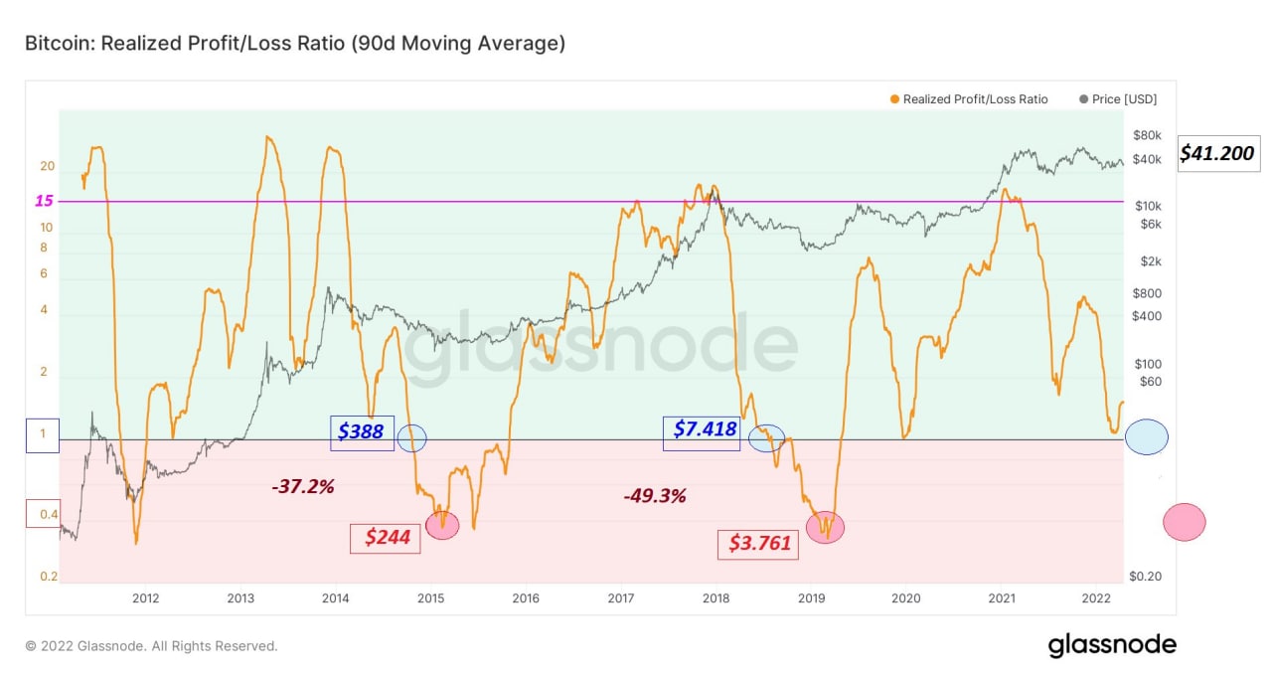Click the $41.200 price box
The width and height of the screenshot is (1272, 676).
(x=1218, y=153)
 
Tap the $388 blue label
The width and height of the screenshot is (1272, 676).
(x=363, y=432)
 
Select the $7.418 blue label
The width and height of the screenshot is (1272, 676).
(x=702, y=433)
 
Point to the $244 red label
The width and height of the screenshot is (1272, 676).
(x=386, y=538)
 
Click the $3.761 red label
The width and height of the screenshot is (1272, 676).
(x=758, y=545)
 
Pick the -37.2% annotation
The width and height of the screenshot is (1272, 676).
(x=303, y=487)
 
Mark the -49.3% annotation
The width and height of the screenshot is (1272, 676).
(x=655, y=496)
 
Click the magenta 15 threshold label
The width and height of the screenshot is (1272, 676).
(x=44, y=201)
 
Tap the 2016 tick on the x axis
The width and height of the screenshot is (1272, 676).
(x=526, y=598)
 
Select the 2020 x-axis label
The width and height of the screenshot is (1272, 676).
(x=905, y=598)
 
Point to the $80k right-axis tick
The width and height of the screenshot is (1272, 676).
(x=1147, y=135)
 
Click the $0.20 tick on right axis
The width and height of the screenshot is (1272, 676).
(x=1145, y=577)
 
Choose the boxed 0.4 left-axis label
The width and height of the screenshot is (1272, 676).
(x=43, y=514)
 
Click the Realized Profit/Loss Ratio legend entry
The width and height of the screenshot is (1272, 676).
(x=969, y=99)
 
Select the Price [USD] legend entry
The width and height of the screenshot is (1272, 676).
(x=1118, y=99)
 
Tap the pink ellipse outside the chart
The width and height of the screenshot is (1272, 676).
(x=1184, y=522)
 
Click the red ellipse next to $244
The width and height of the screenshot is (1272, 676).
(x=442, y=525)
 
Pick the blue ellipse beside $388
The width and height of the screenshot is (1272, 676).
(x=411, y=438)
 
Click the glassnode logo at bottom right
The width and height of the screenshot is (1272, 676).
(x=1112, y=646)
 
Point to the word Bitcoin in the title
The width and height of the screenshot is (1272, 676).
(x=60, y=43)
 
